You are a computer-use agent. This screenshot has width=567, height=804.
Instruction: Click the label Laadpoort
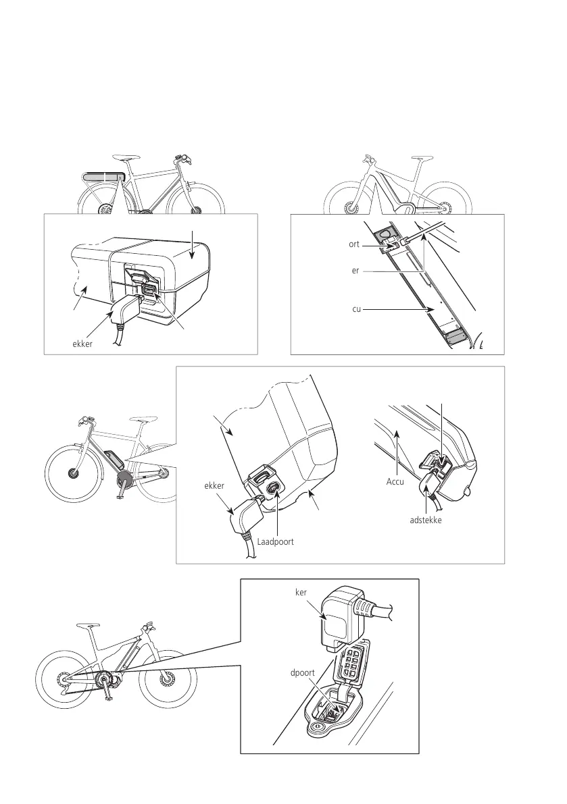274,541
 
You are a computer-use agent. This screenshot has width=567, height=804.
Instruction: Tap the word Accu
396,482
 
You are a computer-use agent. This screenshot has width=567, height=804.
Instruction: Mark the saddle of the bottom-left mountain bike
89,625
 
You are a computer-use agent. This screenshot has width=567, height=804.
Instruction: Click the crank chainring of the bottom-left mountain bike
105,678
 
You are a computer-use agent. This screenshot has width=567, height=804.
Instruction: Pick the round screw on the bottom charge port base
315,728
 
